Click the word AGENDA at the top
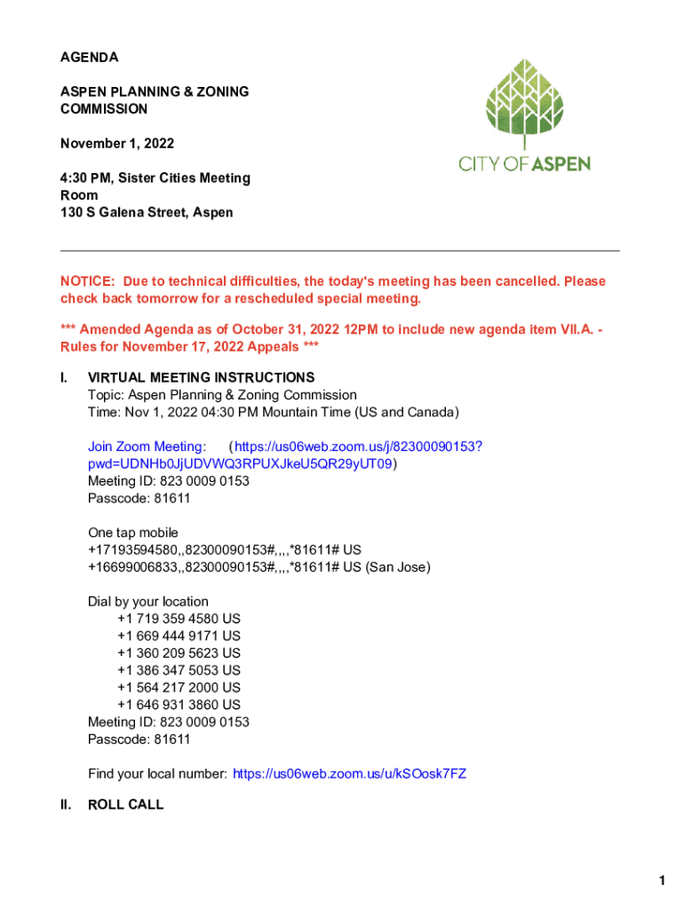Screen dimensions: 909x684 [x=89, y=58]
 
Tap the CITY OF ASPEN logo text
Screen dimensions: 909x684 [x=524, y=163]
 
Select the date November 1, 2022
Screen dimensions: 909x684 [x=116, y=144]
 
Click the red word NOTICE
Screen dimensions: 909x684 [x=87, y=281]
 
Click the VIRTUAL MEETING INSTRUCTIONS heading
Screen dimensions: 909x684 [x=201, y=378]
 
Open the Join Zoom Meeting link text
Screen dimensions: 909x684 [x=147, y=447]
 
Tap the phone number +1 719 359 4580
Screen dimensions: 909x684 [x=179, y=619]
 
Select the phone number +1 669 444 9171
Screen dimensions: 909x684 [x=179, y=636]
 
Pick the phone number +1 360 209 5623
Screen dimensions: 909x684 [x=179, y=653]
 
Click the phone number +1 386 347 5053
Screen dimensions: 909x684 [x=179, y=670]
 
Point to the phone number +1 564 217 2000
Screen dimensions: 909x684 [x=179, y=687]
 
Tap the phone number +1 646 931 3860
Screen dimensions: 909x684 [x=179, y=705]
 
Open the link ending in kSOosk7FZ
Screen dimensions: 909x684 [x=349, y=774]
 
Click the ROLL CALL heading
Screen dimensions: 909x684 [x=126, y=805]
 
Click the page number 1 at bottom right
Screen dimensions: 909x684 [x=662, y=881]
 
